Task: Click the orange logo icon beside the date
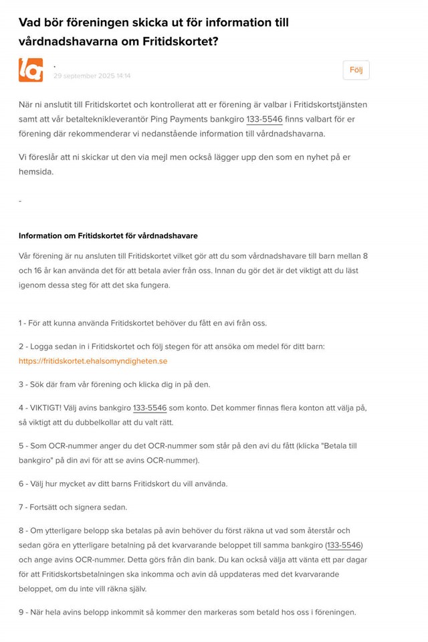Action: click(x=31, y=70)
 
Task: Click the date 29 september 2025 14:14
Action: click(x=92, y=76)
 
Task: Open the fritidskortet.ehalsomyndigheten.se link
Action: click(x=93, y=361)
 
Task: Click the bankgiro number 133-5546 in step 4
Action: click(x=150, y=408)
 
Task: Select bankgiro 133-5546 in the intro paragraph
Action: click(x=264, y=119)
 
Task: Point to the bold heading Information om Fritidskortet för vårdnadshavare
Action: click(x=108, y=236)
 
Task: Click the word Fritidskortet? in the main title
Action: click(x=180, y=41)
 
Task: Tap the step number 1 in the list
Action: click(x=21, y=323)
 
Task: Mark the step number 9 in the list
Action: click(x=21, y=613)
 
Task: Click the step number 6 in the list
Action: click(x=21, y=484)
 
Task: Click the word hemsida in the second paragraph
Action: click(x=35, y=172)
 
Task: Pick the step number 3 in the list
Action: click(x=21, y=385)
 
